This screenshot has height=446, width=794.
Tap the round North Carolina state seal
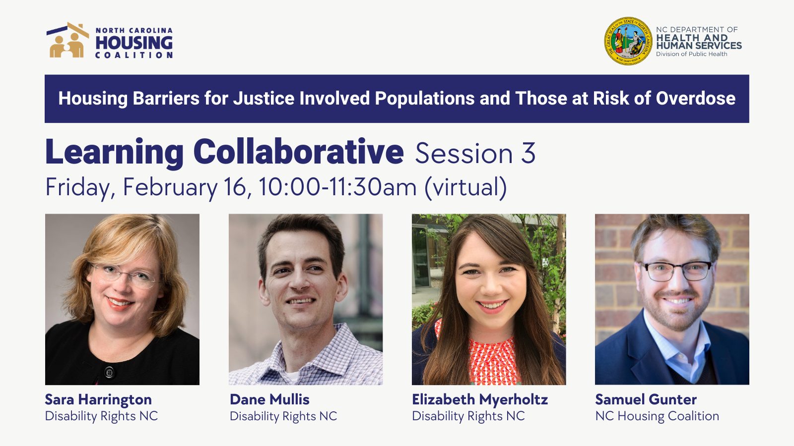point(628,41)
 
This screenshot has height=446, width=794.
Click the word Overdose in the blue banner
point(695,98)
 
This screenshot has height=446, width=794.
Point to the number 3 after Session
point(528,153)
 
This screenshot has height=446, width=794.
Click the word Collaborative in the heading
point(298,152)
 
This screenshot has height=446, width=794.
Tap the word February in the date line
point(170,187)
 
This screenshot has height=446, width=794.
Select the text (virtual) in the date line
point(465,187)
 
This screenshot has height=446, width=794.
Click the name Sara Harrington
point(98,399)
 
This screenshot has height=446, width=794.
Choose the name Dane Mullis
point(269,399)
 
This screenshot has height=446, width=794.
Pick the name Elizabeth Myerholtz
point(479,399)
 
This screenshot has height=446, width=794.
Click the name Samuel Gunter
point(646,399)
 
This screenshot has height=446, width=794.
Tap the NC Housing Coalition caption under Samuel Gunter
point(657,416)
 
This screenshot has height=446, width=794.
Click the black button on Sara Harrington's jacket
point(109,372)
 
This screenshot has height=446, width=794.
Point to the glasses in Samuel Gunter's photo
point(677,271)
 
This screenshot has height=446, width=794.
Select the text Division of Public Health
point(691,54)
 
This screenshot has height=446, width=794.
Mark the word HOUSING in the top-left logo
point(134,43)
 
